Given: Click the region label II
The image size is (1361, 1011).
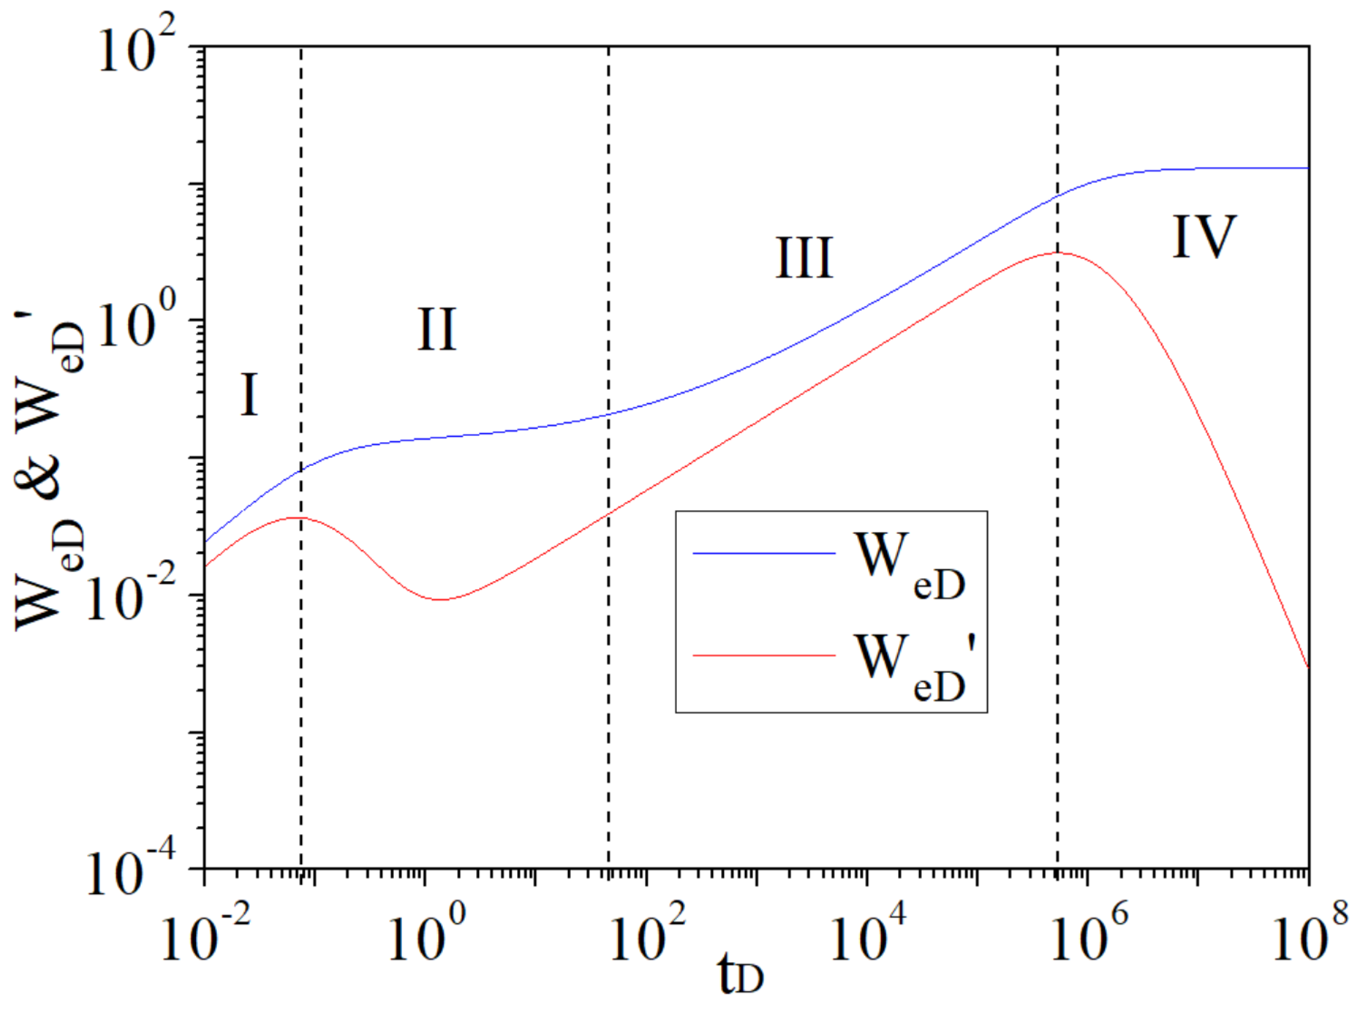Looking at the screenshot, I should pos(437,329).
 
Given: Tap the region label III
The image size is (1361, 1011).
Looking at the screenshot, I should pos(804,258).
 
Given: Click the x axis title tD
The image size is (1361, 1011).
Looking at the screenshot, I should pos(741,977).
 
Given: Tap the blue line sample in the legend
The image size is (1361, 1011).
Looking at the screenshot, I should pos(764,553).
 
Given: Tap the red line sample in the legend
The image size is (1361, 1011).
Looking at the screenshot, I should pos(764,656).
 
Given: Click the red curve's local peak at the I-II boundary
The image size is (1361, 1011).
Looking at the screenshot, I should pos(298,518).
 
